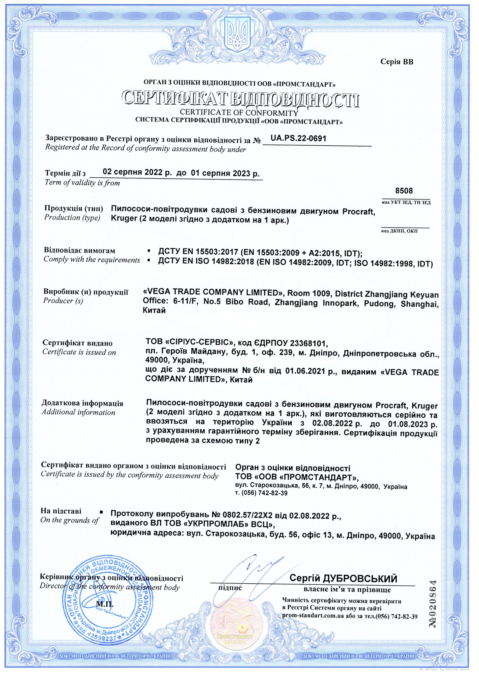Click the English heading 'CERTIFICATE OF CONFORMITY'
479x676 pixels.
point(239,113)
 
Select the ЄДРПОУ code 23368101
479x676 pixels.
point(308,343)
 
